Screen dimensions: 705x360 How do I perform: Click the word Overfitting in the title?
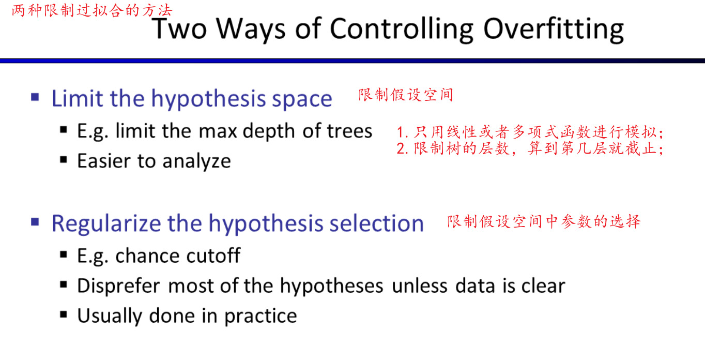(553, 29)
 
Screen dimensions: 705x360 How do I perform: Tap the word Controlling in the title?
(402, 29)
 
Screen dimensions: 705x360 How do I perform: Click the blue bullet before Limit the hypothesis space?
(35, 97)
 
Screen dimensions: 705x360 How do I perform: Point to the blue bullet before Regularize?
(35, 222)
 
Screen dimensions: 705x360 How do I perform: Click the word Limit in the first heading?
(78, 98)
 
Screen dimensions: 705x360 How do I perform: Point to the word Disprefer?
(119, 287)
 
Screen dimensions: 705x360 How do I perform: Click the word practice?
(260, 316)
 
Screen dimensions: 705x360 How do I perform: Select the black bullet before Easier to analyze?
(64, 160)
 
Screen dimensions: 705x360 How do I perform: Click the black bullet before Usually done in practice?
(64, 314)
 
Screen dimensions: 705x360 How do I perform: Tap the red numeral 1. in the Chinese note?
(403, 132)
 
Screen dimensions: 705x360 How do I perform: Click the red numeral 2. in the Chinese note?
(403, 148)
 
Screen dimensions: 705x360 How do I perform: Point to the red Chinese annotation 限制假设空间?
(406, 95)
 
